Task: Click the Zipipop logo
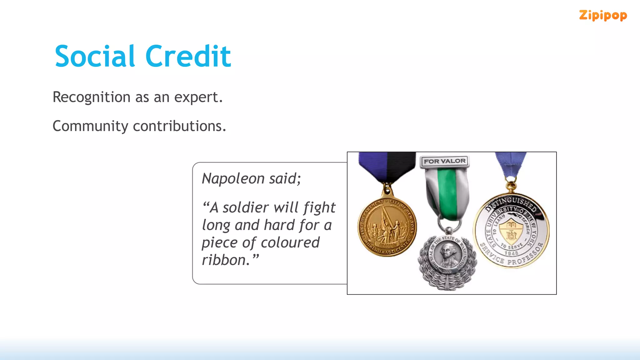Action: coord(603,15)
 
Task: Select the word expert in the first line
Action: coord(198,97)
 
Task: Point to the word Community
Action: coord(90,127)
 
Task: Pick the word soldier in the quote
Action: coord(246,207)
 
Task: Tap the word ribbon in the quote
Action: coord(226,260)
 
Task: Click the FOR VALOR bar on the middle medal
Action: coord(444,161)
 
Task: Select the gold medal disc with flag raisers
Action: coord(387,227)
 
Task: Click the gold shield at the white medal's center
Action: coord(511,232)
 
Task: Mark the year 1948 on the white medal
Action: coord(511,253)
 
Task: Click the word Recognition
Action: coord(92,97)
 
